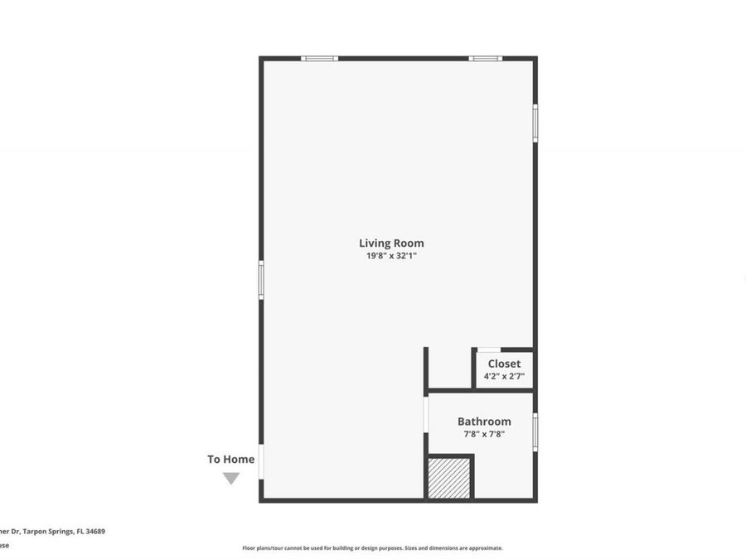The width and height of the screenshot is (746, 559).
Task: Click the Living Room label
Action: point(391,243)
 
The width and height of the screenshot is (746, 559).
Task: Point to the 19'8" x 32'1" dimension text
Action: point(391,257)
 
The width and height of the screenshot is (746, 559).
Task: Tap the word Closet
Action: point(504,364)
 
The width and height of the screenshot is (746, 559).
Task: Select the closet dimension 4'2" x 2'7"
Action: point(504,376)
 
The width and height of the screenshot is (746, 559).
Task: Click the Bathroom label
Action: point(484,422)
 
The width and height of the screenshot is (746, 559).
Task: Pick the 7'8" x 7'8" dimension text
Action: point(484,433)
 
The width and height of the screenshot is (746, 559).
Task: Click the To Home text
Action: point(230,459)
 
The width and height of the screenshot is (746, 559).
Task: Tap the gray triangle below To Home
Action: point(231,478)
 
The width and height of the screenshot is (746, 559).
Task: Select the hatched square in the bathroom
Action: point(449,479)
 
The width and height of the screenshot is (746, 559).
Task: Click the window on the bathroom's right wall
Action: point(535,431)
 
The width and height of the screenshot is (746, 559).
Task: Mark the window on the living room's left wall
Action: point(261,280)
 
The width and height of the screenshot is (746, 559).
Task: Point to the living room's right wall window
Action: point(535,123)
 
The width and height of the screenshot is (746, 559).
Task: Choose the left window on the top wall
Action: point(319,58)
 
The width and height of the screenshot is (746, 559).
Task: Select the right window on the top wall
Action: point(485,58)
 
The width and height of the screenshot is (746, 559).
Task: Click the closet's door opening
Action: point(489,350)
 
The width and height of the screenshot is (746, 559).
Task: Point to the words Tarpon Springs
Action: point(49,532)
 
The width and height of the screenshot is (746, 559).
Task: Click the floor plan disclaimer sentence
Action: point(372,547)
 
